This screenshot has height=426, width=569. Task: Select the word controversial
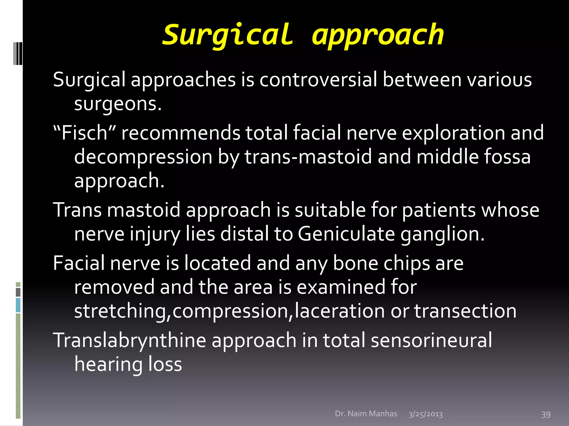318,80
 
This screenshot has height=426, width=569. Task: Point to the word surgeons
118,104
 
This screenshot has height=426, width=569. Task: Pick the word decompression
143,157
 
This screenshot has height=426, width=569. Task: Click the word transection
465,311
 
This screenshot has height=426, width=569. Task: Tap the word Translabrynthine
129,341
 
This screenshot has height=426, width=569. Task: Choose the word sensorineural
431,341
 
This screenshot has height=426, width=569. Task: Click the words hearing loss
128,364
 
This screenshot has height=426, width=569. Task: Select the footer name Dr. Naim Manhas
366,414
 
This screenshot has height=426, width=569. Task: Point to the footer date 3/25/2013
425,414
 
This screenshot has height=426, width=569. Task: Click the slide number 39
546,414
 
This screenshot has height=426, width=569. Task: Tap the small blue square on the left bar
18,305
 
